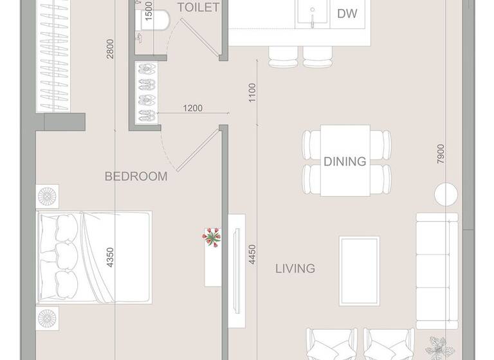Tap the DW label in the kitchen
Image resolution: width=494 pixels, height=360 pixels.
pos(347,13)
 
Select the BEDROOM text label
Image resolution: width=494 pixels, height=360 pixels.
pos(136,176)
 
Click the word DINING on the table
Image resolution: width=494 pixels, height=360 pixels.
pos(345,161)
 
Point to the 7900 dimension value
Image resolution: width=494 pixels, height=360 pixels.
pos(440,155)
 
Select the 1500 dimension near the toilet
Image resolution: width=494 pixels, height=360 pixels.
pos(149,11)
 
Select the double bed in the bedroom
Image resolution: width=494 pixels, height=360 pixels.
pos(95,257)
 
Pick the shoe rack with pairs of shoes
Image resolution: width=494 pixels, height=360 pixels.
pos(146,92)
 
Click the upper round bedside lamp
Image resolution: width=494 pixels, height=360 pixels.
pos(48,195)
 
